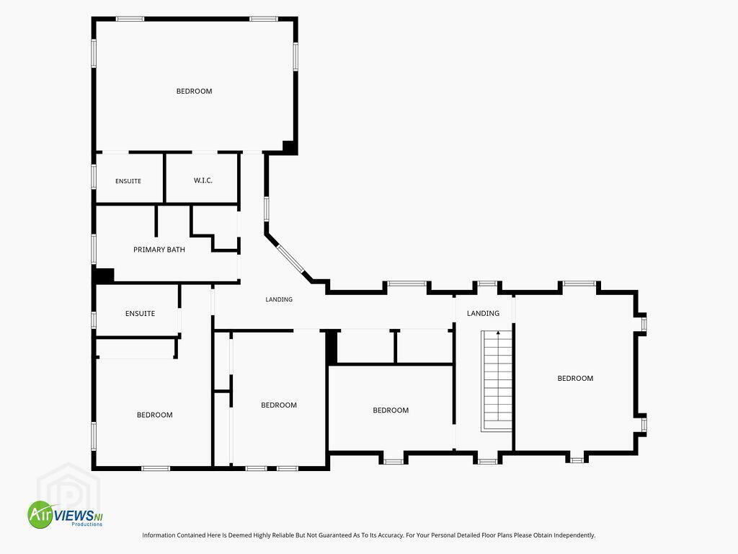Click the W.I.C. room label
tap(203, 180)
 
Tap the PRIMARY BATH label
tap(159, 250)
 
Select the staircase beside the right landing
tap(497, 381)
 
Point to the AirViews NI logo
tap(65, 514)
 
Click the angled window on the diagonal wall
tap(291, 259)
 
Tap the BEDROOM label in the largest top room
tap(195, 92)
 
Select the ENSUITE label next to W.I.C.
tap(128, 181)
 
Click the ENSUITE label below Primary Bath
tap(141, 313)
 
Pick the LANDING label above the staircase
tap(483, 313)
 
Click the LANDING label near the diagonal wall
tap(279, 299)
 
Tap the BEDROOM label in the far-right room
tap(575, 378)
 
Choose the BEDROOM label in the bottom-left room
tap(155, 415)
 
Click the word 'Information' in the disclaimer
tap(158, 535)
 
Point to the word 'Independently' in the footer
tap(574, 535)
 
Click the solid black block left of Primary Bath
tap(105, 276)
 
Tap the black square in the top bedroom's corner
tap(290, 147)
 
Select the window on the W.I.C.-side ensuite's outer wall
tap(94, 177)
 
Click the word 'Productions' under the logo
tap(86, 524)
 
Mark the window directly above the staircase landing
tap(487, 283)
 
